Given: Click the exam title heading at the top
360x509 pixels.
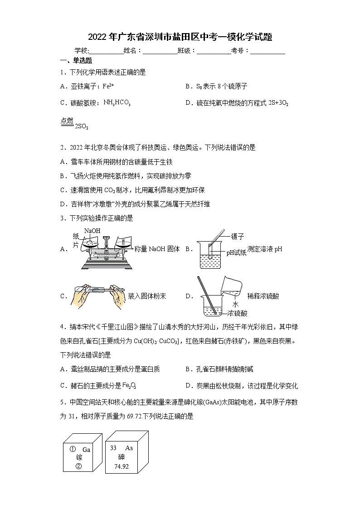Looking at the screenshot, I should tap(180, 37).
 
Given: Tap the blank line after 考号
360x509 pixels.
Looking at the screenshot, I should tap(268, 51).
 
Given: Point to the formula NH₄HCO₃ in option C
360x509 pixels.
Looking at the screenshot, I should tap(117, 103).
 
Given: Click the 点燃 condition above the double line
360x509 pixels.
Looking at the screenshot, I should tap(67, 120).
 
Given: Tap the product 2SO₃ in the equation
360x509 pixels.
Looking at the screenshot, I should tap(81, 126).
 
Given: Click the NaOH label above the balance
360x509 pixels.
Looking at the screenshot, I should tap(92, 231).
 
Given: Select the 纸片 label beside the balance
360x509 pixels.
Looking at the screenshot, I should tap(76, 241).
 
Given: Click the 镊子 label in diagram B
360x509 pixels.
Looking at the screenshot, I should tap(237, 236).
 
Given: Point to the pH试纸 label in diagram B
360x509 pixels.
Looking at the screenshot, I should tap(236, 253).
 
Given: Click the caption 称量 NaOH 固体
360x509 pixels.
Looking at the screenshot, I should tap(157, 249).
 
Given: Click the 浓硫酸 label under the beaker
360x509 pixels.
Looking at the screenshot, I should tap(238, 313).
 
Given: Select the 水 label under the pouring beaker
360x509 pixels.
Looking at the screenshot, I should tap(235, 305).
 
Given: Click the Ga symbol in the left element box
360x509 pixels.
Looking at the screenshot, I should tap(86, 450).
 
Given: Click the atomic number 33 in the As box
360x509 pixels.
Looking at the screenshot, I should tap(113, 448).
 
